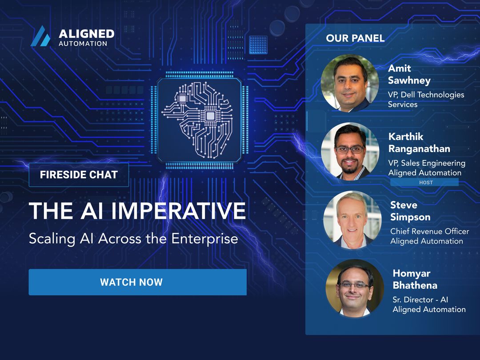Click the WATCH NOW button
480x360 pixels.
pos(137,282)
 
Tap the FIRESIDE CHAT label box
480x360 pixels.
pos(79,175)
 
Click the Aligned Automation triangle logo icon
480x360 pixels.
pos(40,36)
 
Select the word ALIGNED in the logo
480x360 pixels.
pos(86,34)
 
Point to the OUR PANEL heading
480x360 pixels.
pos(355,38)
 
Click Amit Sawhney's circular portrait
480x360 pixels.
pos(349,83)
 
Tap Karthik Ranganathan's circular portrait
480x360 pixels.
pos(350,151)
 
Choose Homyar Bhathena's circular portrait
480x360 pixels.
pos(355,288)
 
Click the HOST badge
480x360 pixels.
pos(424,182)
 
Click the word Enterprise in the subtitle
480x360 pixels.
pos(204,239)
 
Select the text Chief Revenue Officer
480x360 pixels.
pos(429,231)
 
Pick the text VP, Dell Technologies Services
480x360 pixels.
pos(426,99)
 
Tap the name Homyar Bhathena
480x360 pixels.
pos(415,279)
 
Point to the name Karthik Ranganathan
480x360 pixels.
pos(419,143)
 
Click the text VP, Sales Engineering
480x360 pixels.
pos(427,163)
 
